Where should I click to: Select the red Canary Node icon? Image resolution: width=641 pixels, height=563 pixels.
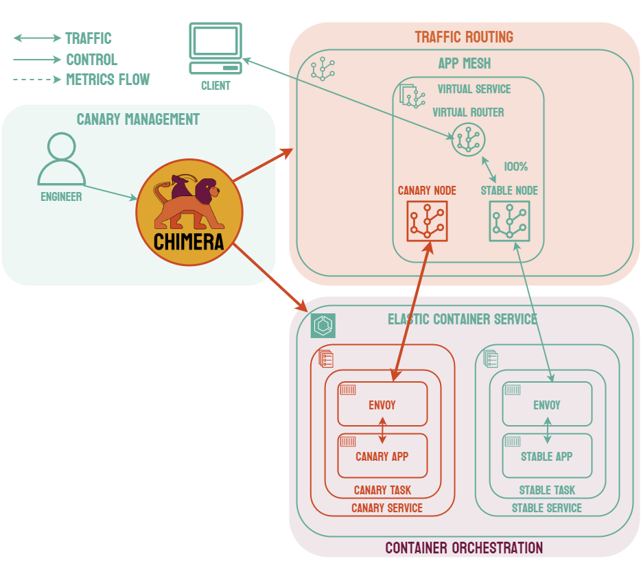[427, 221]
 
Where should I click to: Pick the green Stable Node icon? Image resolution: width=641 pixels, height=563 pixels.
[509, 221]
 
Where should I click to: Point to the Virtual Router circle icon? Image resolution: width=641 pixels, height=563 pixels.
[468, 140]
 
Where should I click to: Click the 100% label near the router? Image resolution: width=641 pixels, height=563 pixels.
[515, 166]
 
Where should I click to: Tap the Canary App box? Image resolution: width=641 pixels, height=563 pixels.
[382, 456]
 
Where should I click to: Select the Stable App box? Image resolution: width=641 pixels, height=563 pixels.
[547, 456]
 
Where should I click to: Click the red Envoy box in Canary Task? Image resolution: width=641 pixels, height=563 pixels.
[382, 405]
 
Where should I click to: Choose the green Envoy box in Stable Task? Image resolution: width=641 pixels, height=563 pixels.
[547, 405]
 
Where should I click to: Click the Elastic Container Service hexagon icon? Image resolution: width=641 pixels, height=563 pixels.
[323, 326]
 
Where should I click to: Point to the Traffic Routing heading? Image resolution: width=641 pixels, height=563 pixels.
[464, 37]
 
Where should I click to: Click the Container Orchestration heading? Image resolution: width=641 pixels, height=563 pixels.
[464, 548]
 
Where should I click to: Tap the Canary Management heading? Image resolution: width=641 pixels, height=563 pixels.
[138, 119]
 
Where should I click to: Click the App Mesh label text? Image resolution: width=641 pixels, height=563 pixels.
[465, 64]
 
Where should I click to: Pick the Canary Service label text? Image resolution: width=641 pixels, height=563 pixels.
[387, 508]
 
